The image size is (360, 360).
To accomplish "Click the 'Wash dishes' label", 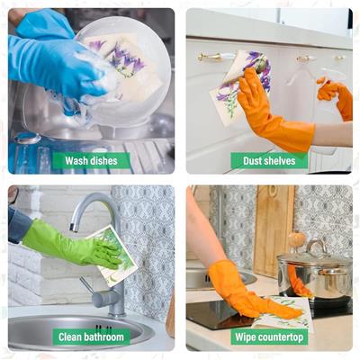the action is pyautogui.click(x=91, y=161).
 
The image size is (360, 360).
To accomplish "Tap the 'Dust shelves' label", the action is pyautogui.click(x=269, y=161).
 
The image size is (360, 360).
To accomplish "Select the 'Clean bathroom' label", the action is pyautogui.click(x=91, y=337).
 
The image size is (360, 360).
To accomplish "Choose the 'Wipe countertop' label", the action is pyautogui.click(x=269, y=337).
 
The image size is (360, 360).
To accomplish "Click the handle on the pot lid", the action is pyautogui.click(x=316, y=246).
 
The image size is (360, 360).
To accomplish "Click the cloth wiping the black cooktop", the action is pyautogui.click(x=283, y=313).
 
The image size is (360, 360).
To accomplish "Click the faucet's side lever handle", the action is pyautogui.click(x=87, y=287).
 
